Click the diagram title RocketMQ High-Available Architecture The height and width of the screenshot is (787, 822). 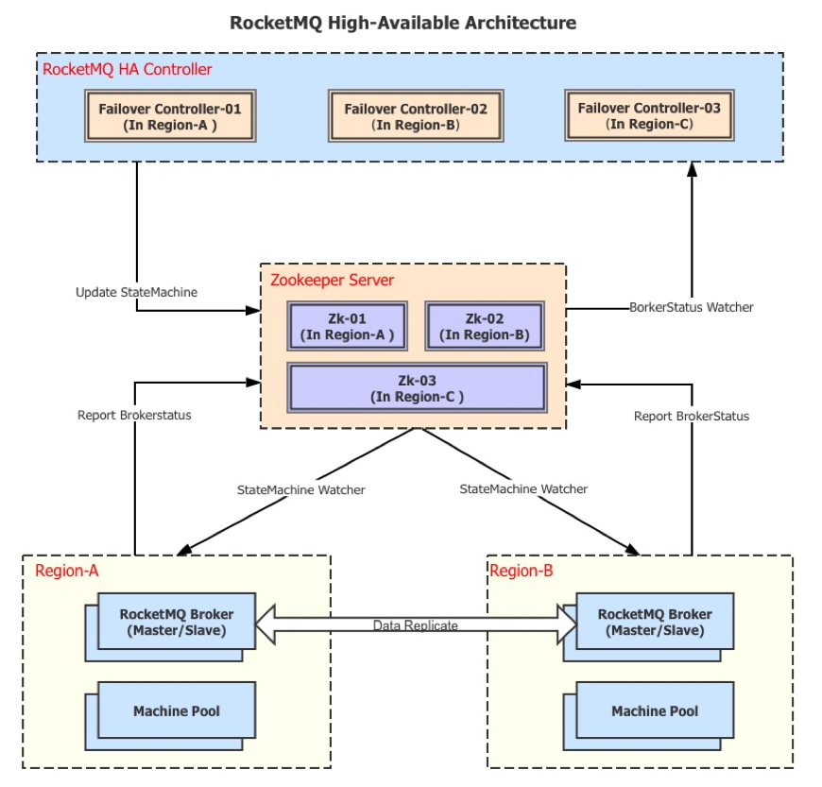(403, 22)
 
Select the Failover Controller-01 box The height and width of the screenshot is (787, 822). (170, 116)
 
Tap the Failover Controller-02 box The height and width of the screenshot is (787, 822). (416, 116)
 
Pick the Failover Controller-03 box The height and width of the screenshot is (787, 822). (649, 115)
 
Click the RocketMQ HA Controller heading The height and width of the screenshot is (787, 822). (128, 69)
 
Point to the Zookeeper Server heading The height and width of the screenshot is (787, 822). (333, 280)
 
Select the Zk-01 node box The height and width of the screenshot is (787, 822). (347, 326)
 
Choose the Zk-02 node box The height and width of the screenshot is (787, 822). (485, 326)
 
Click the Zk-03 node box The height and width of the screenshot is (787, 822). (417, 387)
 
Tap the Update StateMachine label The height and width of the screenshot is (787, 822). (137, 292)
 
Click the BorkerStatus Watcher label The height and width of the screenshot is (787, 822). (692, 307)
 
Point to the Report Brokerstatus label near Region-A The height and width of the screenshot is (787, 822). (134, 415)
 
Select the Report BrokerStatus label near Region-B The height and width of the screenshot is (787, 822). (692, 416)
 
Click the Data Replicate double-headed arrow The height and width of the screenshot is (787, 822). (416, 624)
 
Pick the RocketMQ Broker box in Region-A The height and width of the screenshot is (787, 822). (177, 622)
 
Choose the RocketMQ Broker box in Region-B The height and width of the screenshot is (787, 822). (655, 622)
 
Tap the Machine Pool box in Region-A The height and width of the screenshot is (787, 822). (177, 711)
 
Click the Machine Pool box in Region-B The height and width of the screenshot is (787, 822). (655, 711)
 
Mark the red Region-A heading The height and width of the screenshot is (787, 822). (67, 571)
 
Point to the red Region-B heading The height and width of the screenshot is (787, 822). (522, 571)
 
